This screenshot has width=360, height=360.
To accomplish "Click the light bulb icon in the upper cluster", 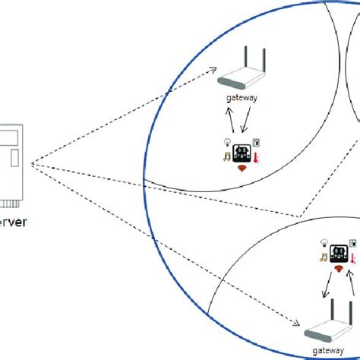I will [226, 143].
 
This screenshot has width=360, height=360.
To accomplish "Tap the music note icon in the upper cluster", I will [226, 157].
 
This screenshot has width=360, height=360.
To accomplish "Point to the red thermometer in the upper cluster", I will [257, 159].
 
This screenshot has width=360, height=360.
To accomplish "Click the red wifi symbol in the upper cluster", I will [241, 166].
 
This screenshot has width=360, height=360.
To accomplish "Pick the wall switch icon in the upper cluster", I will [256, 142].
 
